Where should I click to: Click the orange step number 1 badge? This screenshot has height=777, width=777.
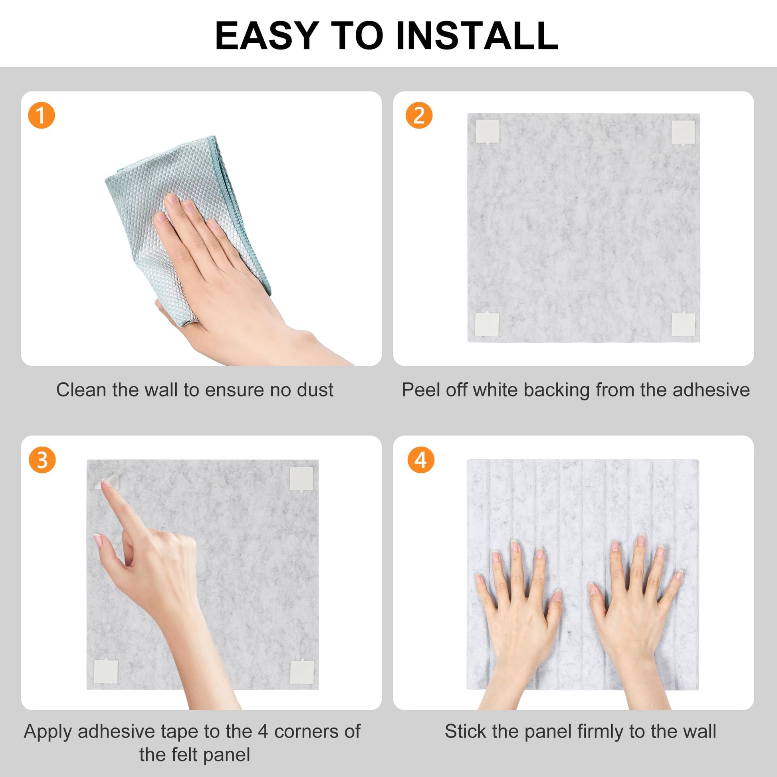41,115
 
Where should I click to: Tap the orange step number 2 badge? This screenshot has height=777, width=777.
419,115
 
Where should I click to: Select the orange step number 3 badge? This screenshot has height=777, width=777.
42,460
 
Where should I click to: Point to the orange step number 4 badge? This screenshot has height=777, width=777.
421,460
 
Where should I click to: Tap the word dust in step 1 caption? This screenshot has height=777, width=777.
315,390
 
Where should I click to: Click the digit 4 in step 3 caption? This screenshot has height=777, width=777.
263,731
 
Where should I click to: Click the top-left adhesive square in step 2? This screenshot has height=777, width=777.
488,131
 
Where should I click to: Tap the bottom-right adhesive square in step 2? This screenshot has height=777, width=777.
683,324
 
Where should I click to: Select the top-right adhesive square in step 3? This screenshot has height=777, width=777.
301,479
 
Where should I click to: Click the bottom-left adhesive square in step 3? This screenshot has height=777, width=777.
106,672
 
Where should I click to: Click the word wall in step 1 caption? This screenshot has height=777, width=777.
161,390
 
